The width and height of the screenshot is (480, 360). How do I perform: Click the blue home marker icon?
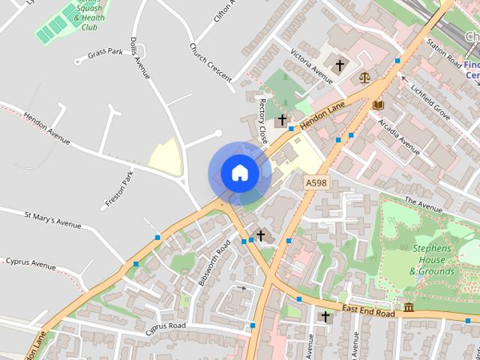coord(239,173)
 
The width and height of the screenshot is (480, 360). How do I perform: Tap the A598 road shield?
coord(316,182)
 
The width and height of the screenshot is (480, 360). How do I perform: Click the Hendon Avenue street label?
coord(46,130)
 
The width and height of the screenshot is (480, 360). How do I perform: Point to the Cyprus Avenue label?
coord(31,265)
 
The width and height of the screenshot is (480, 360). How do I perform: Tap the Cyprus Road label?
coord(166,326)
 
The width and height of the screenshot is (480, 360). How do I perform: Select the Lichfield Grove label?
coord(429,100)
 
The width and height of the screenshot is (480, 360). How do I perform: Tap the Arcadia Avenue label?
coord(399,132)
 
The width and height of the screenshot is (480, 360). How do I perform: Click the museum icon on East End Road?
coord(409,307)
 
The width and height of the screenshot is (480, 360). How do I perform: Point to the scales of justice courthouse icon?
coord(364,76)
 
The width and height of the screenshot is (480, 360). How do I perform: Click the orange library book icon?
coord(378,104)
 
